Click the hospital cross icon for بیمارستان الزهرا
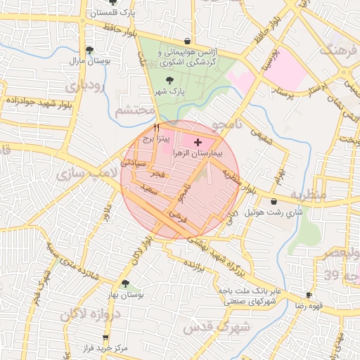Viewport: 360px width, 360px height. [196, 142]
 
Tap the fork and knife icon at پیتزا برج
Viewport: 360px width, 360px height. [155, 128]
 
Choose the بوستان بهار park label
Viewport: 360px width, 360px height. [127, 295]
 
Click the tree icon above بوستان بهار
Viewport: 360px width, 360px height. [125, 284]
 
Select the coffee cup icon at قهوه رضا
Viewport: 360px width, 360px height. [309, 295]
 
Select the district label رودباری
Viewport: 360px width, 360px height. [89, 86]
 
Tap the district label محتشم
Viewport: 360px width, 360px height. [134, 110]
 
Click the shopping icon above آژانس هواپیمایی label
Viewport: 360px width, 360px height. [186, 41]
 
